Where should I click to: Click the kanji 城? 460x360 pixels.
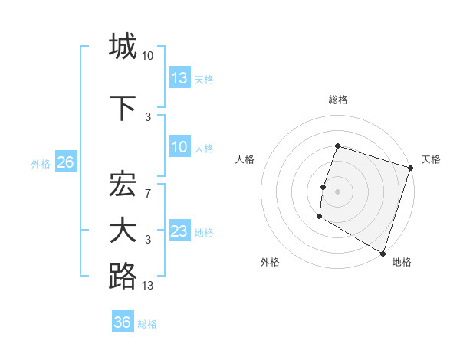coord(123,47)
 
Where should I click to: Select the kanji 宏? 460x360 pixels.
coord(123,185)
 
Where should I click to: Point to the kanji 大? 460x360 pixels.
coord(123,231)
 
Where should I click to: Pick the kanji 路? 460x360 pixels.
coord(123,277)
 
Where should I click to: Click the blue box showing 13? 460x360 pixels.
coord(179,78)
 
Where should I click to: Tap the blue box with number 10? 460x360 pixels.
coord(179,147)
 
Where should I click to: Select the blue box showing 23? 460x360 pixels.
coord(179,231)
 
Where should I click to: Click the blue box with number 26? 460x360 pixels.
coord(65,162)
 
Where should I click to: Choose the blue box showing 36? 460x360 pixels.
coord(122,322)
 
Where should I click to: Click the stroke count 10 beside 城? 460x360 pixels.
coord(148,55)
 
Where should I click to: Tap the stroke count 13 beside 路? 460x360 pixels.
coord(148,286)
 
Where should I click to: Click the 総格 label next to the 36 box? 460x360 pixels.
coord(147,324)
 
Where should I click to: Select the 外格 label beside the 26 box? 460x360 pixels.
coord(41,163)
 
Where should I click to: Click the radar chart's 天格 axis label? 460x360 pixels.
coord(431,159)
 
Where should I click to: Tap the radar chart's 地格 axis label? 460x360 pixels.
coord(402,262)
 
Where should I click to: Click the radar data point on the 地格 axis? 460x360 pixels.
coord(383,253)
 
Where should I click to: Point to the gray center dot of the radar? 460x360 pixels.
coord(337,191)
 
